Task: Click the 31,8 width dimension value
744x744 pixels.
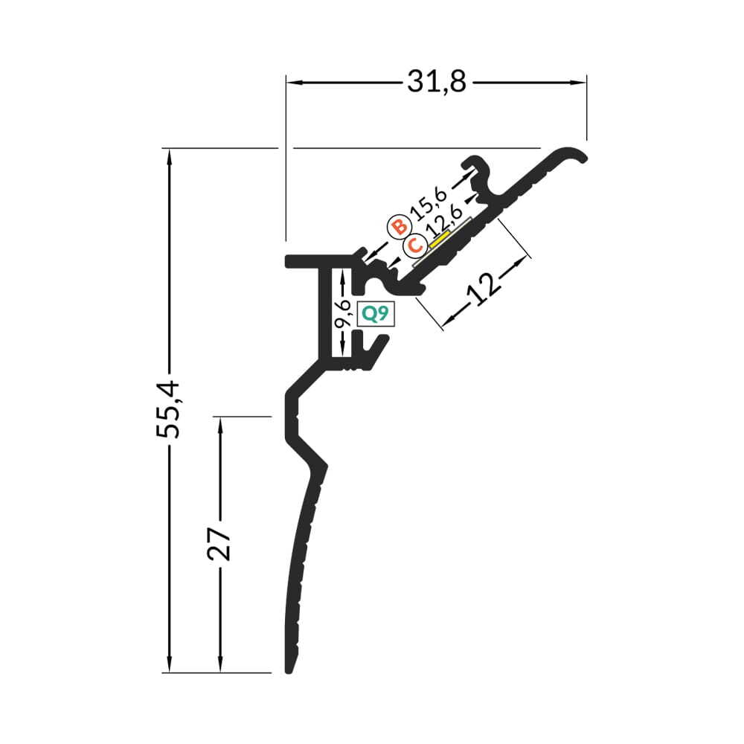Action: click(x=437, y=82)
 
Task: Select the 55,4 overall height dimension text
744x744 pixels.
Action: click(x=168, y=409)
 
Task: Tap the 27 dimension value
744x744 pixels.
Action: click(x=219, y=543)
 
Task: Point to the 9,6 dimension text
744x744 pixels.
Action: click(x=342, y=313)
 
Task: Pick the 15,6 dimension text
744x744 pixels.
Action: click(x=429, y=203)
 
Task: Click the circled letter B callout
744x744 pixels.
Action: click(x=400, y=227)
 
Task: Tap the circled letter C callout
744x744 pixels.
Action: click(x=414, y=246)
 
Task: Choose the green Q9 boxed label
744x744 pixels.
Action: click(x=375, y=314)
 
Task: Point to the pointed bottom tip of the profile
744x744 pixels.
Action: click(x=287, y=671)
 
